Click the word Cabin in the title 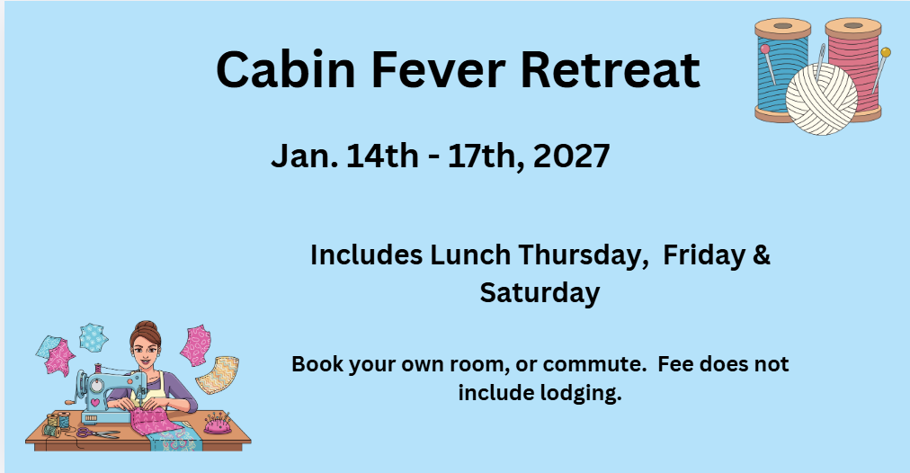[x=285, y=69]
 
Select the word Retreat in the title [x=610, y=69]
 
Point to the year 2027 [x=571, y=156]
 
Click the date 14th [x=382, y=156]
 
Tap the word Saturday [x=540, y=293]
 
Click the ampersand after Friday [x=762, y=254]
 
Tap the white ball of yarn [x=821, y=99]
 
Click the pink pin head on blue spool [x=765, y=49]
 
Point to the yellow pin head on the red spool [x=885, y=53]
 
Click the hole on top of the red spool [x=853, y=25]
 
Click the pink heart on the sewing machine [x=94, y=401]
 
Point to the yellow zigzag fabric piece [x=218, y=375]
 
